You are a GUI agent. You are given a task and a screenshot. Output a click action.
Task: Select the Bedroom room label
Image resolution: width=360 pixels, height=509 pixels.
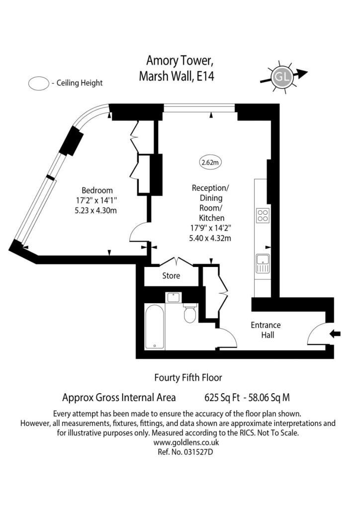pyautogui.click(x=97, y=190)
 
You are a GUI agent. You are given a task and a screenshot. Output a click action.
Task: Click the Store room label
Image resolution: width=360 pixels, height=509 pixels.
pyautogui.click(x=171, y=276)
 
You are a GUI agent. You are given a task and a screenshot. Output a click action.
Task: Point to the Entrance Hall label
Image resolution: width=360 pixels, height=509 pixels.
pyautogui.click(x=266, y=330)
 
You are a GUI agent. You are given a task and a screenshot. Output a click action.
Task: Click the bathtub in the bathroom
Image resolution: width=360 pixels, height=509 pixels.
pyautogui.click(x=155, y=327)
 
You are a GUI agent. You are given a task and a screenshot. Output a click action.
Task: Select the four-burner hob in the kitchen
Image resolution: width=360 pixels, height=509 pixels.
pyautogui.click(x=263, y=215)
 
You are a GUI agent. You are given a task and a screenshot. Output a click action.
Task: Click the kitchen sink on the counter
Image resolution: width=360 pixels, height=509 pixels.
pyautogui.click(x=263, y=263)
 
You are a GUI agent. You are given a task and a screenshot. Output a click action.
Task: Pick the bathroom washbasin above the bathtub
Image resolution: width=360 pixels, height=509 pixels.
pyautogui.click(x=174, y=297)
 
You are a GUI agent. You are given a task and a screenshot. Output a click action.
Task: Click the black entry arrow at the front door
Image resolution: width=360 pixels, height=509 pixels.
pyautogui.click(x=335, y=334)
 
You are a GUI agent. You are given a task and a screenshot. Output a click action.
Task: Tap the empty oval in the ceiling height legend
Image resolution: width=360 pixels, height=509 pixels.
pyautogui.click(x=39, y=84)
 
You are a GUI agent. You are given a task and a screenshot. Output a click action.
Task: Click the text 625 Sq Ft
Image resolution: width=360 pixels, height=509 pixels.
pyautogui.click(x=222, y=397)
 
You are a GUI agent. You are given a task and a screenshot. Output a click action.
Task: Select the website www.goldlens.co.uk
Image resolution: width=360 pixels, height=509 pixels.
pyautogui.click(x=186, y=442)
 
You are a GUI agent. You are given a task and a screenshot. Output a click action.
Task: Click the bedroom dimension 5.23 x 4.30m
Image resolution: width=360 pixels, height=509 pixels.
pyautogui.click(x=95, y=210)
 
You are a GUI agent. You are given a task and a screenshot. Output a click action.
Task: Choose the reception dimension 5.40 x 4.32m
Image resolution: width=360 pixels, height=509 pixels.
pyautogui.click(x=210, y=238)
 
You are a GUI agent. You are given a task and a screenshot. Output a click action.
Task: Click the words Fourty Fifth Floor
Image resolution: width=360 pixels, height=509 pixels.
pyautogui.click(x=188, y=378)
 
